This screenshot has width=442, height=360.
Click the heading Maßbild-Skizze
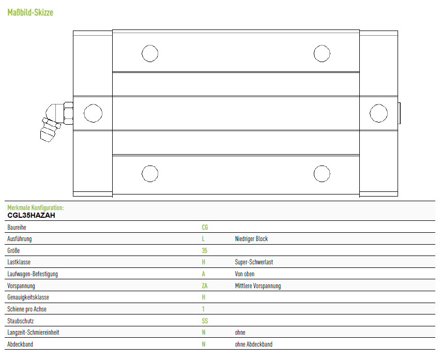(x=30, y=12)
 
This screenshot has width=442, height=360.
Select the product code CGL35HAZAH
(x=32, y=216)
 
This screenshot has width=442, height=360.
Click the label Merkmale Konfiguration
(x=36, y=207)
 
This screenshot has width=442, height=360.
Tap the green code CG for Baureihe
(x=205, y=227)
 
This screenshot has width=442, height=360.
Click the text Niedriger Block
(x=251, y=238)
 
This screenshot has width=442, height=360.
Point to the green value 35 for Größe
(x=204, y=250)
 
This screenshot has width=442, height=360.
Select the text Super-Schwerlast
(x=254, y=262)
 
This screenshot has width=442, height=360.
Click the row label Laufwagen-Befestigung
(x=33, y=274)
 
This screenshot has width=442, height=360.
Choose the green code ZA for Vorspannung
(x=205, y=286)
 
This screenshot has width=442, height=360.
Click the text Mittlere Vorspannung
(x=258, y=286)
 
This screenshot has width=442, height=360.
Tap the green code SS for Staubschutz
(x=205, y=321)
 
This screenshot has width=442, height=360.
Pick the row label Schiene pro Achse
(x=27, y=309)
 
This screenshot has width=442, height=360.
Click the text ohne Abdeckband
(x=254, y=344)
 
